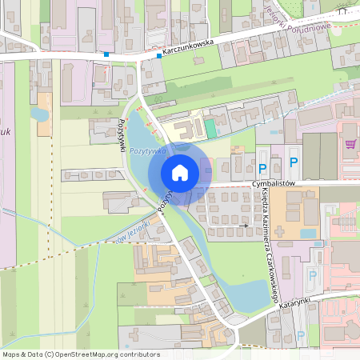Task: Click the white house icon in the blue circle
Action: pyautogui.click(x=180, y=172)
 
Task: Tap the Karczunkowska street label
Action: pyautogui.click(x=191, y=50)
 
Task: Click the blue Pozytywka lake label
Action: pyautogui.click(x=147, y=150)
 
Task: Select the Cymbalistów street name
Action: pyautogui.click(x=274, y=183)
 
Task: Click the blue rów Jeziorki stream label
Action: pyautogui.click(x=133, y=232)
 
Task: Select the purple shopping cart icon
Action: pyautogui.click(x=350, y=144)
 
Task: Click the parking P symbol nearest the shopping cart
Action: pyautogui.click(x=294, y=162)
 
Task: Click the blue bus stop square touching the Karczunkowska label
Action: pyautogui.click(x=158, y=57)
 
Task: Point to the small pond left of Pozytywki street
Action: pyautogui.click(x=40, y=114)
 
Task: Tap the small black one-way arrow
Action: pyautogui.click(x=243, y=226)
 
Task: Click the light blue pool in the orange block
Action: pyautogui.click(x=308, y=234)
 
